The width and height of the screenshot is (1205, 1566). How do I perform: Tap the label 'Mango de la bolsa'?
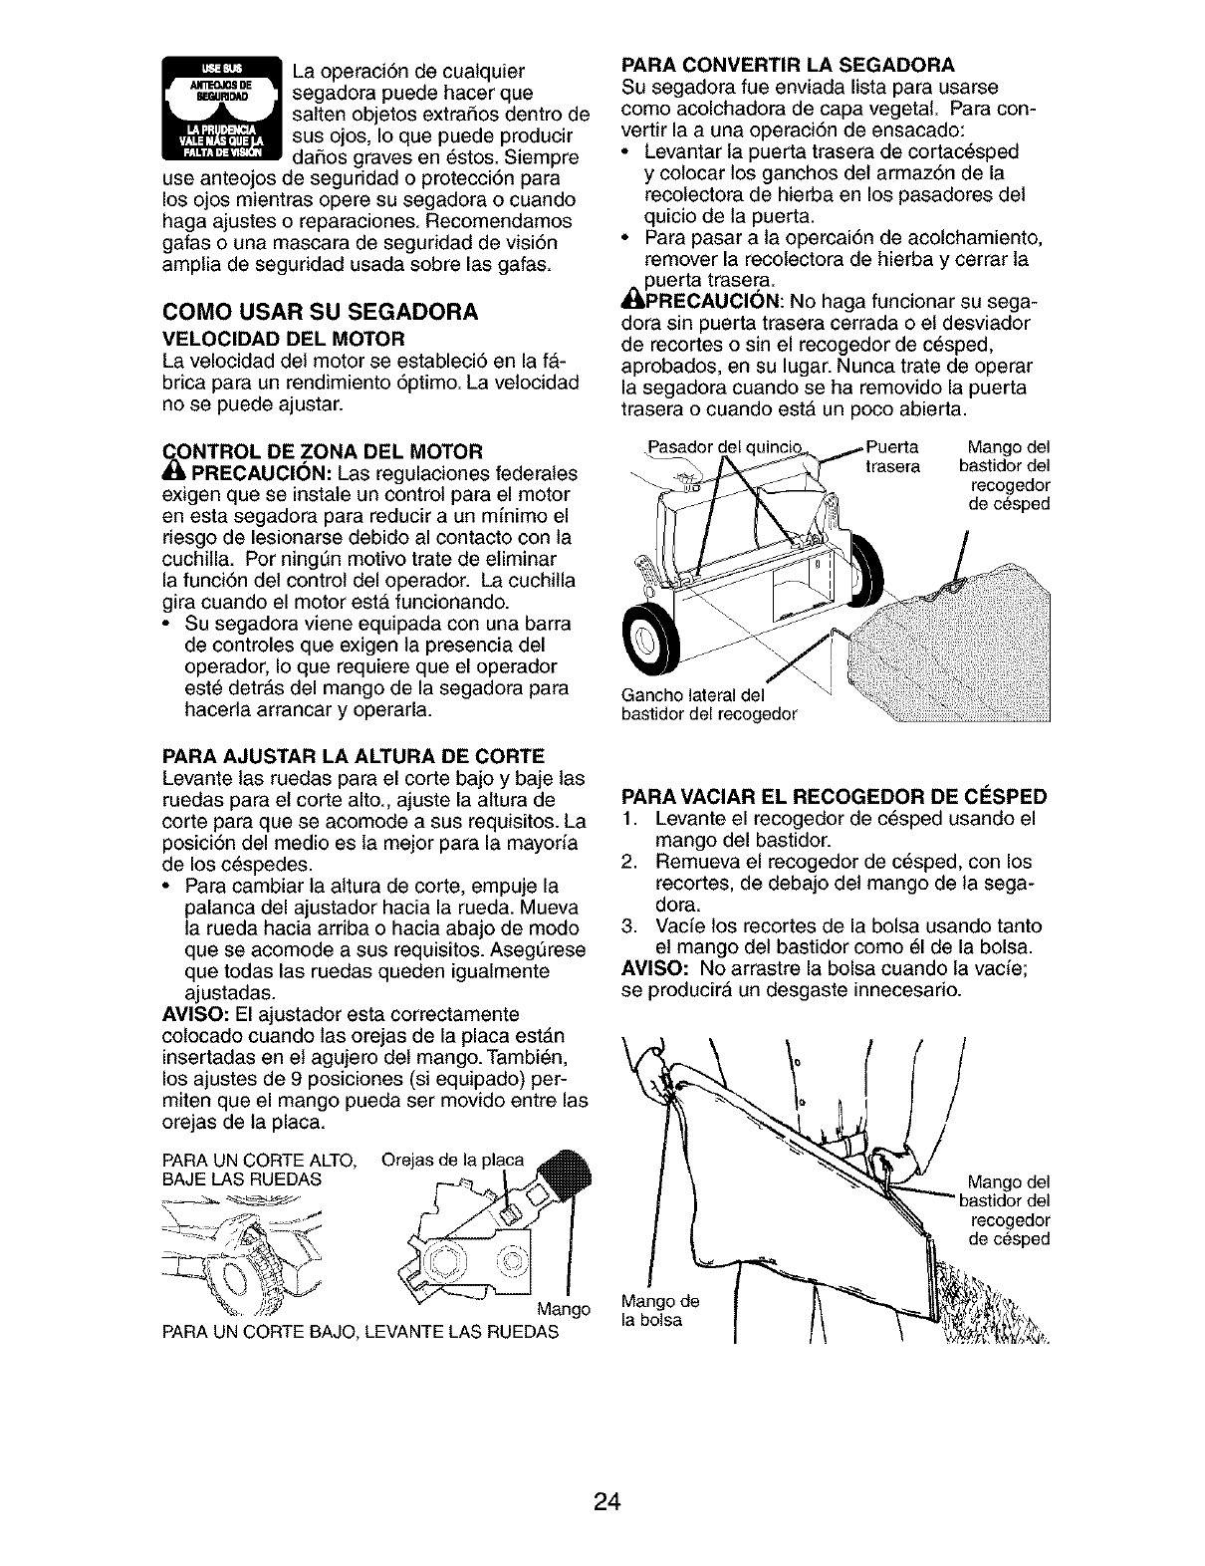pyautogui.click(x=660, y=1310)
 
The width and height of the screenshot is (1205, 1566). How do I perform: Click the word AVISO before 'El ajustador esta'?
pyautogui.click(x=194, y=1014)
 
